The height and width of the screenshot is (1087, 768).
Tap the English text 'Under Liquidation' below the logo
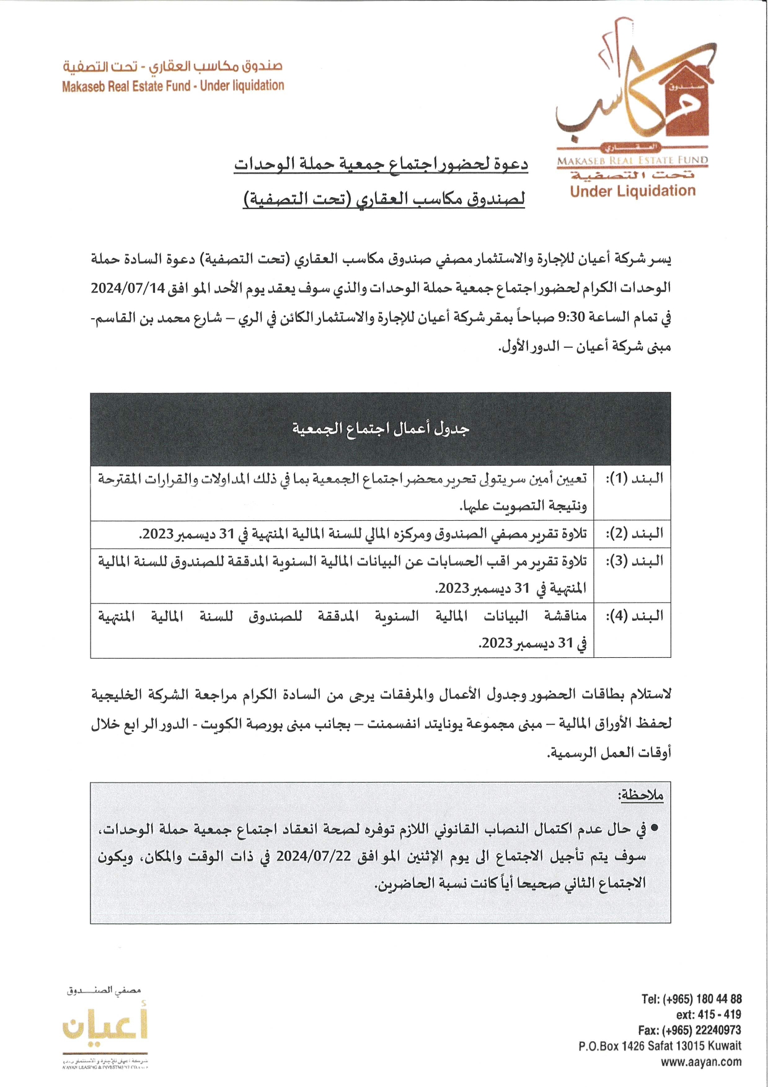tap(632, 191)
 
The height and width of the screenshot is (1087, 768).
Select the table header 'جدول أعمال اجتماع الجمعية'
tap(381, 428)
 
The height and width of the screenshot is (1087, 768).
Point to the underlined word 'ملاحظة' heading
tap(640, 796)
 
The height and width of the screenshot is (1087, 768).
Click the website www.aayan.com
tap(700, 1062)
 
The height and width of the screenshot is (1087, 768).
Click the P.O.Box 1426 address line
tap(660, 1046)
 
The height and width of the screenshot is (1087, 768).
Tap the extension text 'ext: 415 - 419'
tap(708, 1014)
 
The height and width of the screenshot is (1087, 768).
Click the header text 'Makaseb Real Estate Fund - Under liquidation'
tap(173, 86)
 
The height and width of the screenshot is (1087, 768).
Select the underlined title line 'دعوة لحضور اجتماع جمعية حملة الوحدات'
tap(381, 165)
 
